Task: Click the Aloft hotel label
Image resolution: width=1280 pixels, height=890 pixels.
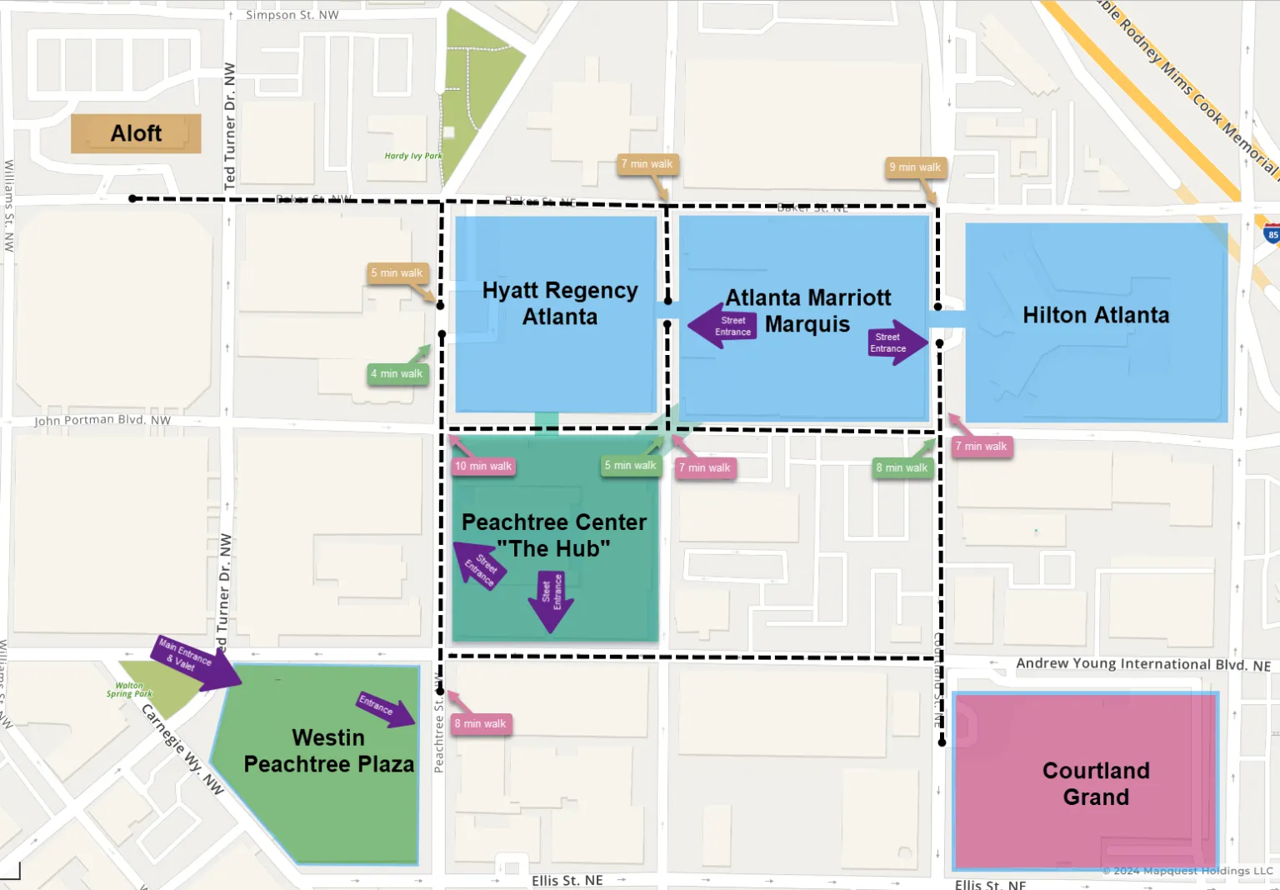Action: pos(136,133)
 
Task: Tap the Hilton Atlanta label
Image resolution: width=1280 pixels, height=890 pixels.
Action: pos(1095,315)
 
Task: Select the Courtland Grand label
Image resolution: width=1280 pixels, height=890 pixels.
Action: pos(1095,783)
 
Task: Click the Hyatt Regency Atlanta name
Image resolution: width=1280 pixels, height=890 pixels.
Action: pos(559,303)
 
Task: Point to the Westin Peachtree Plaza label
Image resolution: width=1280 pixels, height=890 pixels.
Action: pos(328,751)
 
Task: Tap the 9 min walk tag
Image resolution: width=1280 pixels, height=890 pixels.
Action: pos(914,167)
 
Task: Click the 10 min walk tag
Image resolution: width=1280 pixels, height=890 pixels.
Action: pos(482,467)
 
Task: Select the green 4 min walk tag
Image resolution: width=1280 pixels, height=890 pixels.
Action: pos(397,374)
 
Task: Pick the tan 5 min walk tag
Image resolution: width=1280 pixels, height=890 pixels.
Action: pos(397,273)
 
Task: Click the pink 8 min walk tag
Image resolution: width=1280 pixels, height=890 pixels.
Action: pos(480,724)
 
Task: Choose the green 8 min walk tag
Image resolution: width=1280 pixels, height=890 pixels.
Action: pos(902,468)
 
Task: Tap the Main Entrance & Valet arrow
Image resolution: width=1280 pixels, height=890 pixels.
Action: pos(194,662)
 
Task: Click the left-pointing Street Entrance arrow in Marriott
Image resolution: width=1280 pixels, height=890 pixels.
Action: pos(723,326)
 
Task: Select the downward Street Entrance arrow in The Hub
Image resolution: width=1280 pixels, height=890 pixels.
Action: pos(551,599)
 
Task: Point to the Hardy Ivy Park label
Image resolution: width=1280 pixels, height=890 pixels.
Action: pos(412,156)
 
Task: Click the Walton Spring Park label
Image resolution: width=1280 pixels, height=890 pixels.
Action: pos(129,690)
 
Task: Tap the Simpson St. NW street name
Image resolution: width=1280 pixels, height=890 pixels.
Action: pos(292,15)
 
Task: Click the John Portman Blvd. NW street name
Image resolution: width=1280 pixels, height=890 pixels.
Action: pos(102,421)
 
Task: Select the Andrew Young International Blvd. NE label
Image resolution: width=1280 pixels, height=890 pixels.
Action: pos(1142,664)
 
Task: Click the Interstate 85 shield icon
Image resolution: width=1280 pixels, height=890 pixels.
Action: pos(1272,234)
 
